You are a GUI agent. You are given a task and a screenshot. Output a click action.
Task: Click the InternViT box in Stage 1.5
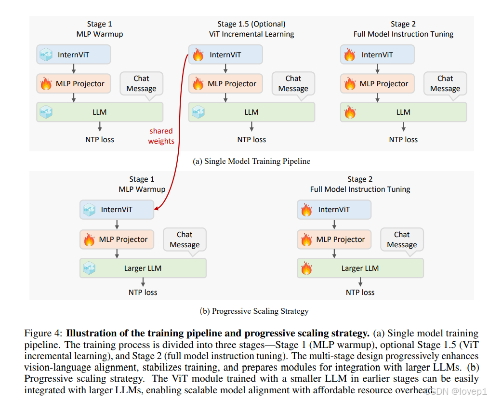(225, 55)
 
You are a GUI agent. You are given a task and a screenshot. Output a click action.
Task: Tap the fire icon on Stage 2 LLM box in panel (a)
(350, 112)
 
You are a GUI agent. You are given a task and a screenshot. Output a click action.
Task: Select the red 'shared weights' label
(161, 136)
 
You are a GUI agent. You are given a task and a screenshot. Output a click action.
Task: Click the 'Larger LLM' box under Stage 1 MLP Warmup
(143, 268)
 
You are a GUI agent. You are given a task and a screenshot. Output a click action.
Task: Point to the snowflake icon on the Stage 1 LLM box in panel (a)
(46, 112)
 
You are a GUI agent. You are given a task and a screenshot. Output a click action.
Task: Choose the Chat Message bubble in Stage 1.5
(293, 83)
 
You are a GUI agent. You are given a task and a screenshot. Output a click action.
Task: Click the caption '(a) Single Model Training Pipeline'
(251, 161)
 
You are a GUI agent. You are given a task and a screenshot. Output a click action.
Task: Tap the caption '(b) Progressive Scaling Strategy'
(254, 311)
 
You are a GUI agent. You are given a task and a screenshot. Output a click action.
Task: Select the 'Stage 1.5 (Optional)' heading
(251, 24)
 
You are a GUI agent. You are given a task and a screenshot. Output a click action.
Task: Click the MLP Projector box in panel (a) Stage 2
(377, 84)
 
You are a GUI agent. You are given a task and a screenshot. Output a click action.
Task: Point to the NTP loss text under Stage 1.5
(251, 140)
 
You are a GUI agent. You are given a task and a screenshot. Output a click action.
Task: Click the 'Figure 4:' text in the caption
(44, 333)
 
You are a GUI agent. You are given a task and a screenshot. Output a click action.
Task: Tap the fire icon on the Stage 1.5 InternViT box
(198, 55)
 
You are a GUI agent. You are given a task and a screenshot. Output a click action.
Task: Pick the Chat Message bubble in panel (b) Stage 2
(402, 240)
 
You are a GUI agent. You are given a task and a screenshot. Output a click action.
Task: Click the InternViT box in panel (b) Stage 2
(334, 210)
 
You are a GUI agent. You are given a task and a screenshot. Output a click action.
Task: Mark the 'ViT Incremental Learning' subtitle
(251, 34)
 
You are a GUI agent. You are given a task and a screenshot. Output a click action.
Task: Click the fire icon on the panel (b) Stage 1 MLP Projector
(89, 240)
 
